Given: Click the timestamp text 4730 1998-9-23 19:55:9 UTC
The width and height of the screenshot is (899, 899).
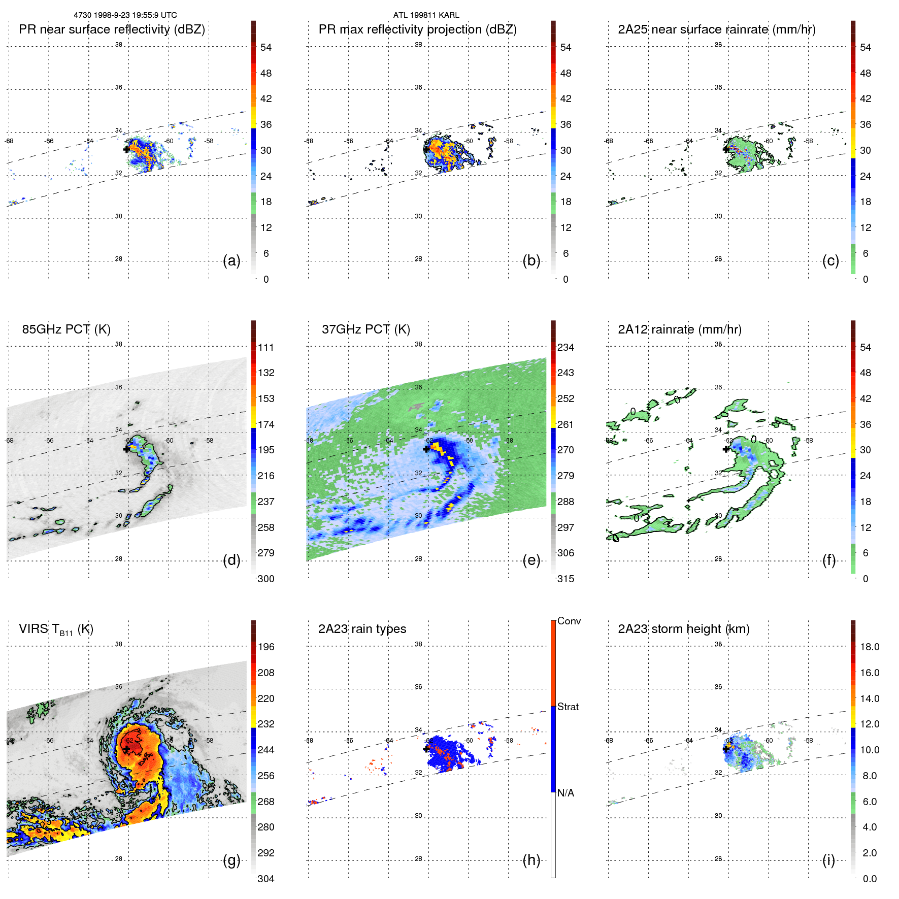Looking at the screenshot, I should (x=125, y=15).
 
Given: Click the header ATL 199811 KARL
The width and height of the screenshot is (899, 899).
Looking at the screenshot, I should (x=426, y=15).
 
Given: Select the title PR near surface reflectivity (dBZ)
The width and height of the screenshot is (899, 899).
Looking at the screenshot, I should (x=112, y=29).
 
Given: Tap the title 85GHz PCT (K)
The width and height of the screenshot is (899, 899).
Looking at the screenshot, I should (x=66, y=329).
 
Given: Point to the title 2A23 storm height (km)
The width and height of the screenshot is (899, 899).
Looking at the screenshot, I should (x=683, y=629).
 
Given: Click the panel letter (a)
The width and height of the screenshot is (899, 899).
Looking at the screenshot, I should (x=231, y=261).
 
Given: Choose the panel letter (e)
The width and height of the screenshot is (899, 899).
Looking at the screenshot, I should (x=531, y=560).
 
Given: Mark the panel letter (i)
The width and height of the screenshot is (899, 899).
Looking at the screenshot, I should (x=828, y=860).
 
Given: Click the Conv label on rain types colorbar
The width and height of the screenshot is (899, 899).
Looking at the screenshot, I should (x=569, y=621).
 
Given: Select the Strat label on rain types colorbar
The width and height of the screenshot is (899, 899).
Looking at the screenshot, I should (x=568, y=707).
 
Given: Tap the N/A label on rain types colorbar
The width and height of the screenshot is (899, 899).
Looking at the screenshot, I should (x=566, y=793).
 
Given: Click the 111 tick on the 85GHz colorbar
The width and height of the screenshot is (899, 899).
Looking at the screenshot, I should (x=266, y=348).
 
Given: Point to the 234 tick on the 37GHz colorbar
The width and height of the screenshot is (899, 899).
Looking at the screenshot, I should (x=565, y=348).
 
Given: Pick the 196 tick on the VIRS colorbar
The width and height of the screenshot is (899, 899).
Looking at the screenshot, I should (x=266, y=647).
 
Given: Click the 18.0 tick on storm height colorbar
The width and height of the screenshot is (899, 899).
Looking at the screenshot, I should (x=869, y=647).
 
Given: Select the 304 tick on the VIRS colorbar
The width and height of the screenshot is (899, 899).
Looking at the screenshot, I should (x=266, y=879).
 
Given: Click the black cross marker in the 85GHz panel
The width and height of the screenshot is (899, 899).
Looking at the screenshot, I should (x=126, y=449).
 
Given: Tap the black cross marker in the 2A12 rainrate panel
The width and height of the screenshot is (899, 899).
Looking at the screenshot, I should (x=726, y=449).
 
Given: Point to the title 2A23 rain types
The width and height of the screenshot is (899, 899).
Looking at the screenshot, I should (x=362, y=629).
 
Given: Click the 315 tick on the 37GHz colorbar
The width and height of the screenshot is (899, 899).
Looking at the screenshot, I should (x=565, y=579).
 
